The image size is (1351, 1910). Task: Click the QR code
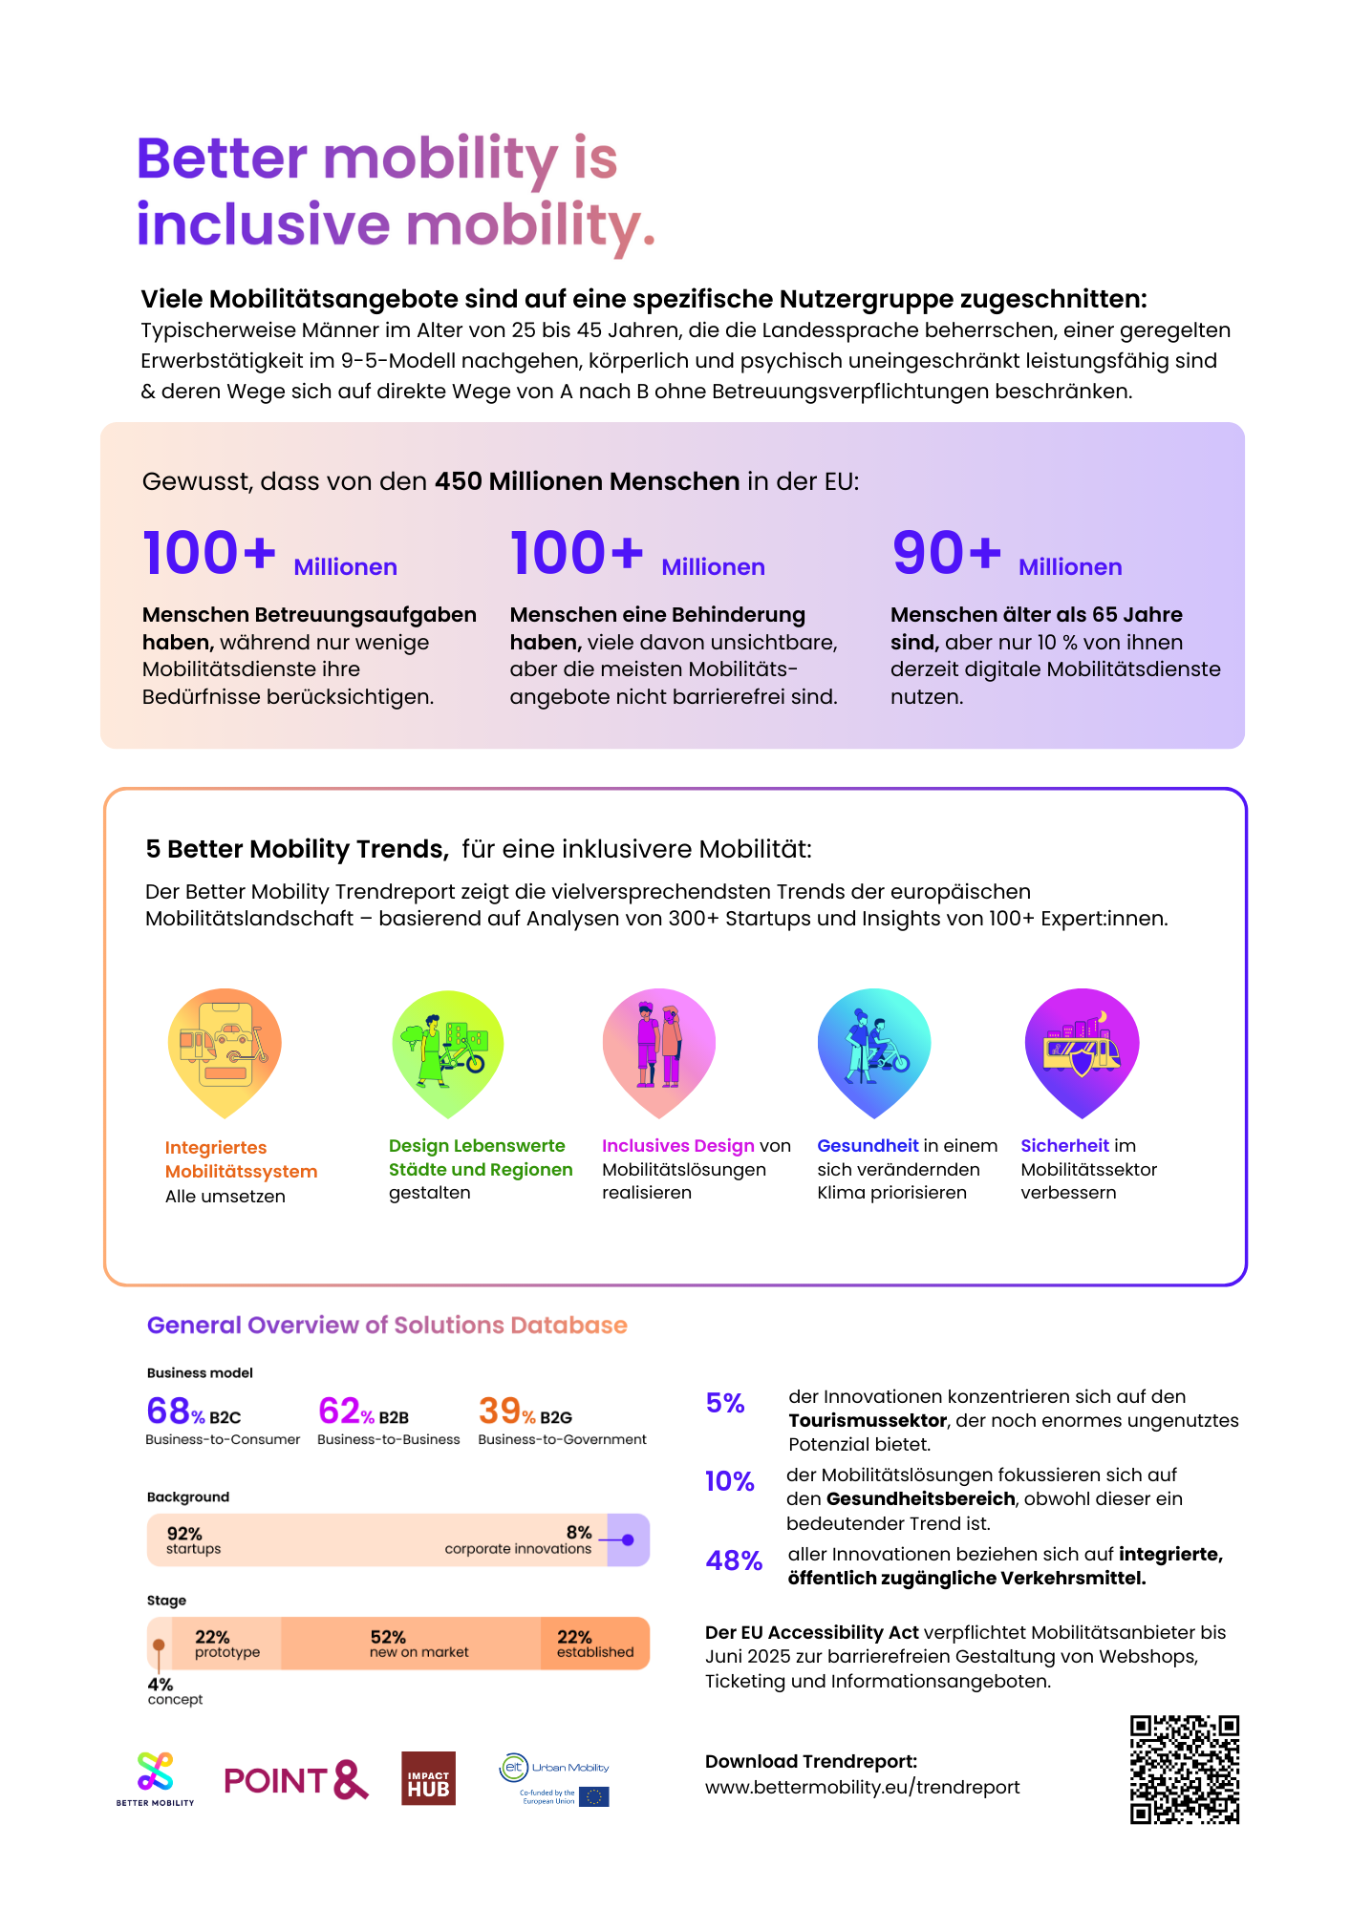tap(1184, 1769)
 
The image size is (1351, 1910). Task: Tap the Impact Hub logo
tap(428, 1778)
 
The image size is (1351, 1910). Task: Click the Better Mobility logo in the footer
tap(155, 1776)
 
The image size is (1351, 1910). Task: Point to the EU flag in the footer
tap(593, 1796)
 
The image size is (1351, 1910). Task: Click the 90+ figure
tap(946, 553)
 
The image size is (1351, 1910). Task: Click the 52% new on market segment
tap(412, 1643)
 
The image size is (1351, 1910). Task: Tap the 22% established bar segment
tap(594, 1643)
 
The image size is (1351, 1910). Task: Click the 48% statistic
tap(734, 1560)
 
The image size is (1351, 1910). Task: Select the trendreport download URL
tap(862, 1787)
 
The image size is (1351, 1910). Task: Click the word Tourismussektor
tap(868, 1420)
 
